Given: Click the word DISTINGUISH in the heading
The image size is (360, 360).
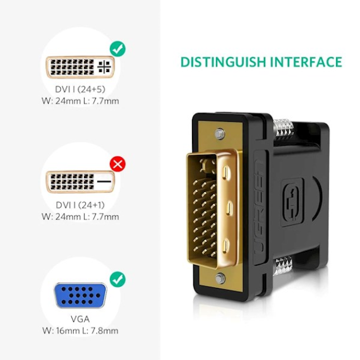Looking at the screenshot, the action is coord(223,62).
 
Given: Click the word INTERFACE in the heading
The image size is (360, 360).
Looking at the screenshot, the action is coord(306,62).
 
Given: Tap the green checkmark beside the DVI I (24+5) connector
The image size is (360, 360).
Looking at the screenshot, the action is coord(117,49).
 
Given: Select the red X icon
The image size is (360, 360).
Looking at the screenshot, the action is coord(117,164).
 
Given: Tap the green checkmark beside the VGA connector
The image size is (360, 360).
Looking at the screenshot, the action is coord(117,279).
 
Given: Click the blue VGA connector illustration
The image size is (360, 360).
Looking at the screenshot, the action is coord(80,296).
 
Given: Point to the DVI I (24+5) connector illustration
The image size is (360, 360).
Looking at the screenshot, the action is coord(80,67).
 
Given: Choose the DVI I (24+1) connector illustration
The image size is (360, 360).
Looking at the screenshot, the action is coord(80,182).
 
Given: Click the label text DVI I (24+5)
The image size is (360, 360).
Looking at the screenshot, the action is coord(80,89).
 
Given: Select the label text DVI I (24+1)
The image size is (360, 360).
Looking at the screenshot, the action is coord(80,205).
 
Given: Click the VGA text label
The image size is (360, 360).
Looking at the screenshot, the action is coord(80,319).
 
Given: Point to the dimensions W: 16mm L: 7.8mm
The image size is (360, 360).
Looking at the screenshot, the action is coord(80,331).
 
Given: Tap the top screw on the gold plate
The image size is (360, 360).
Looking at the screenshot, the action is coord(220,134).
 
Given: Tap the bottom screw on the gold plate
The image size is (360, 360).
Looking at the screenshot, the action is coord(220,279).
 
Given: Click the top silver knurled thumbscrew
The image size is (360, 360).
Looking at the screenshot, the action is coord(284,129).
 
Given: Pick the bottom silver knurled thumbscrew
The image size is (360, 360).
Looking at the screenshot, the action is coord(282,266).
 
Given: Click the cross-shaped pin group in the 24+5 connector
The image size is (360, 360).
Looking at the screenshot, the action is coord(104,67).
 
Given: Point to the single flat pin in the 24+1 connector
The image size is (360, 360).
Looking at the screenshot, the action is coord(104,181).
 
